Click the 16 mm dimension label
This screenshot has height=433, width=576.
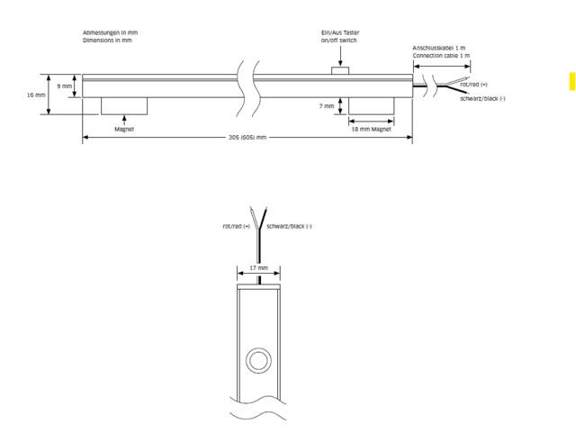pos(35,94)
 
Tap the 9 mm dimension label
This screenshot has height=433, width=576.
pos(65,86)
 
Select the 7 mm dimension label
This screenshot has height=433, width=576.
pos(327,105)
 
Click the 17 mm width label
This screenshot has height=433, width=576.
pos(258,267)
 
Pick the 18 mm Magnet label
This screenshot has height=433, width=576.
pos(370,129)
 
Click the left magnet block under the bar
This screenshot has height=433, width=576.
pos(124,105)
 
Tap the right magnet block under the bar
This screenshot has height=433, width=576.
pos(371,105)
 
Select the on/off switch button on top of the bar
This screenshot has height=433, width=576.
pos(340,70)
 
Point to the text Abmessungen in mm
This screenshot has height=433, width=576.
pos(111,32)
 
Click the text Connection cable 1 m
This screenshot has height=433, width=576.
pos(441,56)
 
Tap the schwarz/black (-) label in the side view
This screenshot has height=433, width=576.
pos(482,97)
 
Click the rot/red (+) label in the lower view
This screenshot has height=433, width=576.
pos(237,226)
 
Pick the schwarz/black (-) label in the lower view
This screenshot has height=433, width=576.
pos(290,226)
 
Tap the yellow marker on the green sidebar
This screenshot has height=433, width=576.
pos(571,80)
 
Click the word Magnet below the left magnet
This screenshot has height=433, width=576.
pos(124,129)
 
